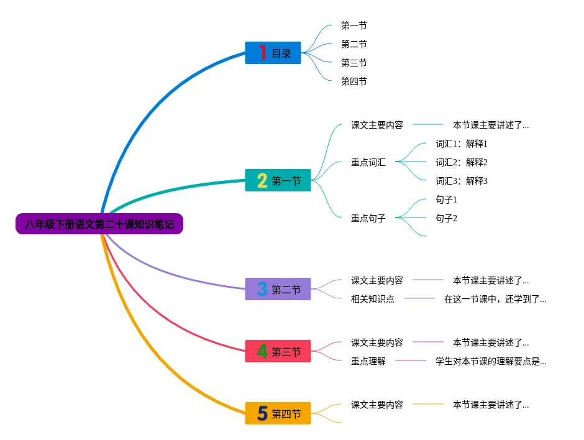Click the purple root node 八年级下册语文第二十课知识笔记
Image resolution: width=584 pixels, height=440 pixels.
pyautogui.click(x=99, y=224)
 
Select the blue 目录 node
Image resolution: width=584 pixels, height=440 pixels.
pyautogui.click(x=273, y=53)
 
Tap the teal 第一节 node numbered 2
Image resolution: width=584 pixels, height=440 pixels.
pyautogui.click(x=278, y=180)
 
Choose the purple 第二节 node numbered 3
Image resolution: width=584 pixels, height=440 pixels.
pyautogui.click(x=278, y=289)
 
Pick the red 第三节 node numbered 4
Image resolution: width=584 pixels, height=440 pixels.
pyautogui.click(x=278, y=352)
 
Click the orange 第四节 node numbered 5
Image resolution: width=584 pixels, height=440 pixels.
pyautogui.click(x=278, y=413)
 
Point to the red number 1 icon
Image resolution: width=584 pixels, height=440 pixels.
pyautogui.click(x=262, y=53)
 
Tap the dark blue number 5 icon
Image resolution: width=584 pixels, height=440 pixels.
pyautogui.click(x=262, y=413)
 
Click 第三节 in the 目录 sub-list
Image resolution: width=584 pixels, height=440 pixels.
pyautogui.click(x=354, y=63)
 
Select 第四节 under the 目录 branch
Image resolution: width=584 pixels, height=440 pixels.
pyautogui.click(x=354, y=81)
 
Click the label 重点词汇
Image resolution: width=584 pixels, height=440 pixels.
pyautogui.click(x=368, y=162)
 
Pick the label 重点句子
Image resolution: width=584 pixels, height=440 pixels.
pyautogui.click(x=368, y=218)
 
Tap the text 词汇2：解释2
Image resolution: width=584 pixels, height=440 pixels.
pyautogui.click(x=462, y=162)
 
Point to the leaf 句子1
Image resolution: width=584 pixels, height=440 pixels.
pyautogui.click(x=446, y=199)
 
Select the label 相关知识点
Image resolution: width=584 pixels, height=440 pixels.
pyautogui.click(x=372, y=299)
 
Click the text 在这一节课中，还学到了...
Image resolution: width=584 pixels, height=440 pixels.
pyautogui.click(x=495, y=299)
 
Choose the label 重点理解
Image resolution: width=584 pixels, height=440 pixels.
pyautogui.click(x=368, y=361)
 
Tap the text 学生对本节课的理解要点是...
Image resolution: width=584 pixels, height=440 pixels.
pyautogui.click(x=490, y=361)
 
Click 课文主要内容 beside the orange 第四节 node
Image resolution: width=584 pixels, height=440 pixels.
pyautogui.click(x=376, y=405)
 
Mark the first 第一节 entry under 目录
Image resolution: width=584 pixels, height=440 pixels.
pyautogui.click(x=354, y=25)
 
